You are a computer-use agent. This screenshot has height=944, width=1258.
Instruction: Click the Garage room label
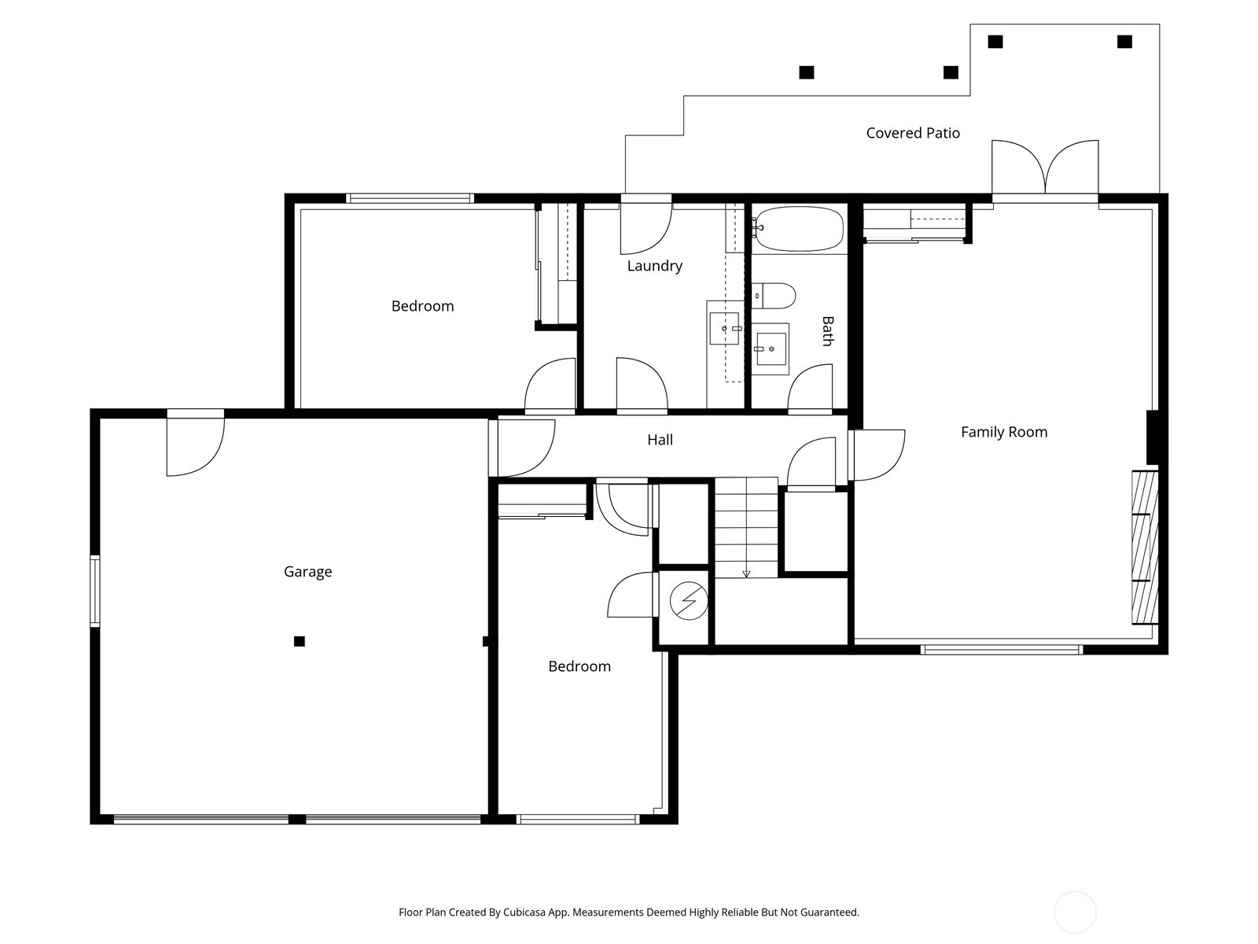click(x=307, y=572)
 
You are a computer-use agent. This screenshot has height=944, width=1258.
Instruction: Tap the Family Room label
click(x=1004, y=432)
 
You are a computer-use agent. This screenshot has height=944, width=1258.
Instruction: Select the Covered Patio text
click(x=913, y=133)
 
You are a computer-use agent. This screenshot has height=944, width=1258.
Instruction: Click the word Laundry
click(x=654, y=266)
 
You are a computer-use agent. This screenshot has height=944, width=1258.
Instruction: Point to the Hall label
click(x=660, y=440)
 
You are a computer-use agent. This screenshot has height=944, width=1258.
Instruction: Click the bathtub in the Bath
click(x=798, y=229)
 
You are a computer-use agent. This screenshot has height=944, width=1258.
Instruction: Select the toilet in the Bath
click(x=774, y=296)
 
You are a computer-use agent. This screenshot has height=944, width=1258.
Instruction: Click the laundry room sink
click(x=724, y=328)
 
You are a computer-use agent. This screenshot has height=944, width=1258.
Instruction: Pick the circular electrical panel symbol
click(x=689, y=602)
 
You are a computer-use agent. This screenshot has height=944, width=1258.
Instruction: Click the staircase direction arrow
click(x=746, y=573)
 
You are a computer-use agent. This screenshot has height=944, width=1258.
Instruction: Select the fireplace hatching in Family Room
click(x=1145, y=547)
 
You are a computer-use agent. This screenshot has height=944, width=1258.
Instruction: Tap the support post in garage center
click(x=300, y=641)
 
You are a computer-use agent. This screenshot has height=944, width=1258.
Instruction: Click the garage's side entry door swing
click(x=195, y=447)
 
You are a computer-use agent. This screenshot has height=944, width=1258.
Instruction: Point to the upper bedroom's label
click(x=422, y=306)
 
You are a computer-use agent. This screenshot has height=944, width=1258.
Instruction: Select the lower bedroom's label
click(x=579, y=666)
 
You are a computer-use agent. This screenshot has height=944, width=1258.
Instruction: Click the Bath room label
click(x=826, y=331)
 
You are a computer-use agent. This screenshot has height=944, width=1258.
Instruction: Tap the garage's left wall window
click(x=94, y=590)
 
